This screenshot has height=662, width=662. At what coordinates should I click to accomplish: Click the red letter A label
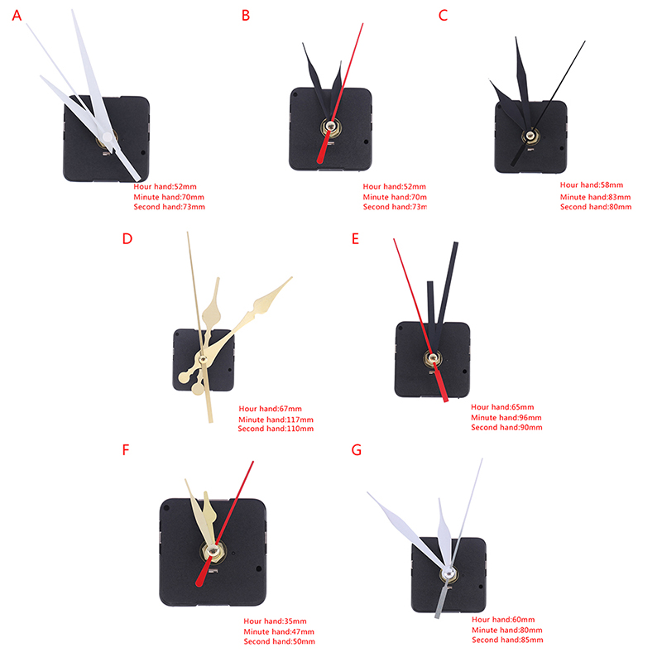pyautogui.click(x=17, y=16)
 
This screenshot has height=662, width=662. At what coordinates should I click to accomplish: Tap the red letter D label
pyautogui.click(x=127, y=238)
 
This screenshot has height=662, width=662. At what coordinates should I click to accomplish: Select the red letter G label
pyautogui.click(x=357, y=450)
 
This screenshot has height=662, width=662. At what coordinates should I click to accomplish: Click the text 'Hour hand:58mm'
pyautogui.click(x=591, y=185)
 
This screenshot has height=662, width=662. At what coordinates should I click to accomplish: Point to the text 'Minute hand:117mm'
pyautogui.click(x=276, y=420)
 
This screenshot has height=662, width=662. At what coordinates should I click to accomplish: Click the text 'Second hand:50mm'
pyautogui.click(x=279, y=641)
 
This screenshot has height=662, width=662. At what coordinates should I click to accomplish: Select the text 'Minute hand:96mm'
pyautogui.click(x=506, y=418)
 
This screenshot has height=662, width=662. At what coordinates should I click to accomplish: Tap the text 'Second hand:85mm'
pyautogui.click(x=507, y=640)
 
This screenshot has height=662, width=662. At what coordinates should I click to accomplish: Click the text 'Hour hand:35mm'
pyautogui.click(x=275, y=621)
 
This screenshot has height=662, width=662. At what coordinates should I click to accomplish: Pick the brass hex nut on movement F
pyautogui.click(x=212, y=551)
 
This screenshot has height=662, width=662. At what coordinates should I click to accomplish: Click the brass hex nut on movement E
pyautogui.click(x=432, y=359)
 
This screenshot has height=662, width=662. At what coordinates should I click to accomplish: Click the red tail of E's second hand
pyautogui.click(x=441, y=384)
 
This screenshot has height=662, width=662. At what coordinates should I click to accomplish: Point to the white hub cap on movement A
pyautogui.click(x=108, y=137)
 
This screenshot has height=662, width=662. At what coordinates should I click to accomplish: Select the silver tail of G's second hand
pyautogui.click(x=442, y=599)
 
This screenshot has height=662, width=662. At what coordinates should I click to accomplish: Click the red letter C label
pyautogui.click(x=443, y=16)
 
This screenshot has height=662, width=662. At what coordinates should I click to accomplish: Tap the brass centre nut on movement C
pyautogui.click(x=530, y=136)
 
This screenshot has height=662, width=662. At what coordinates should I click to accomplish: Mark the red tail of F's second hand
pyautogui.click(x=204, y=573)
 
